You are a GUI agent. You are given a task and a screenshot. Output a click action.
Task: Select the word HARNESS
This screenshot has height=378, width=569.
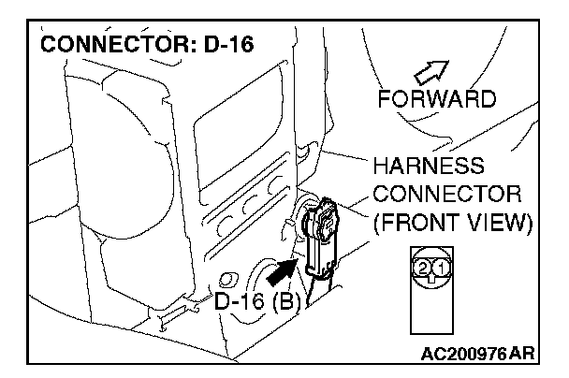[x=429, y=166]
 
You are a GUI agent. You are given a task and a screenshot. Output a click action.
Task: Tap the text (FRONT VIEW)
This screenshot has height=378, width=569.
[x=451, y=224]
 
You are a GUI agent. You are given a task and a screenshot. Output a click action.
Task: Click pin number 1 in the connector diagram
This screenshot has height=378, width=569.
[x=439, y=269]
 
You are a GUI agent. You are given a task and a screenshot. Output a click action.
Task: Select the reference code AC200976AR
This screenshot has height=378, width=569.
[x=479, y=356]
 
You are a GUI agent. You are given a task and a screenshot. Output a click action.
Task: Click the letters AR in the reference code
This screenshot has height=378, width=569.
[x=529, y=356]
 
